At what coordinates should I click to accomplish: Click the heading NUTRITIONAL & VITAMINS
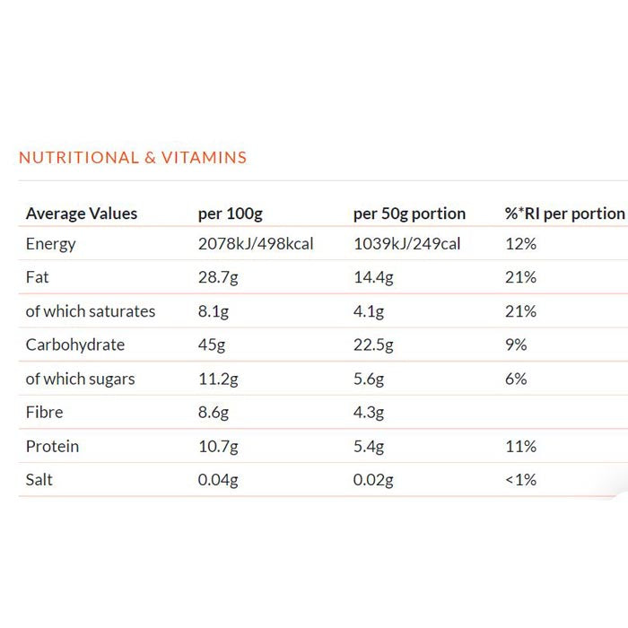pos(133,158)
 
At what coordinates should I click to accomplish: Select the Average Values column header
pos(82,214)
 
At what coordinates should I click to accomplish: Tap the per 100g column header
pos(230,214)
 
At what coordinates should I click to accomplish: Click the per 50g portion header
pos(409,214)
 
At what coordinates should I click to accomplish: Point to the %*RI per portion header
pos(564,214)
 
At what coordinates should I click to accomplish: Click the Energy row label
pos(51,244)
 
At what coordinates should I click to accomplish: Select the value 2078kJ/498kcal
pos(256,244)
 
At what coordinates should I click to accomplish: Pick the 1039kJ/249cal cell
pos(406,244)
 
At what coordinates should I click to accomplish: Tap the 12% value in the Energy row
pos(520,244)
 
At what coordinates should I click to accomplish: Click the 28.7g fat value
pos(218,277)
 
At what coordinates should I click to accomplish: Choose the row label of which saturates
pos(91,311)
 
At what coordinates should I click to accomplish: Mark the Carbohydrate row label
pos(75,345)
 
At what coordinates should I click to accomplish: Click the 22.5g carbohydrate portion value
pos(374,345)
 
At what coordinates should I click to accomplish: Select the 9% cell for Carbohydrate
pos(516,345)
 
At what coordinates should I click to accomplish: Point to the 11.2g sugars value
pos(218,379)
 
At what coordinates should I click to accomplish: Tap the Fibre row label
pos(45,413)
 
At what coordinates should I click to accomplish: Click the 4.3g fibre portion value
pos(369,413)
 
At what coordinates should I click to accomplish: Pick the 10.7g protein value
pos(218,446)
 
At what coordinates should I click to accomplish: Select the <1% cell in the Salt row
pos(520,480)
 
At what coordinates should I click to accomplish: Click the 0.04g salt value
pos(218,480)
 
